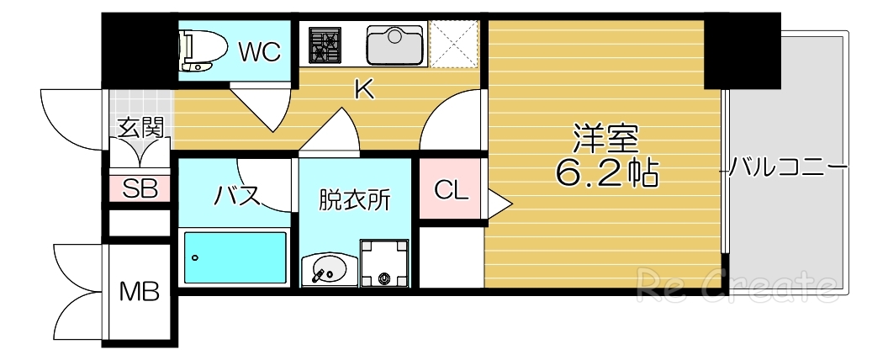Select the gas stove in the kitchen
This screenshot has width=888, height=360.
325,45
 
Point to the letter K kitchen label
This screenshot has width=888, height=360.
363,88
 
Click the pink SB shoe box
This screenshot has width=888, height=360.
140,188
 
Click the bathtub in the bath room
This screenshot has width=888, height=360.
235,257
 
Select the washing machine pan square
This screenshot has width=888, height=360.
386,263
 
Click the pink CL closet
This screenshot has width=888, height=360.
451,189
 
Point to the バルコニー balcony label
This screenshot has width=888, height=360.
785,167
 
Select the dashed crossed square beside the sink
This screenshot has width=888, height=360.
454,45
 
